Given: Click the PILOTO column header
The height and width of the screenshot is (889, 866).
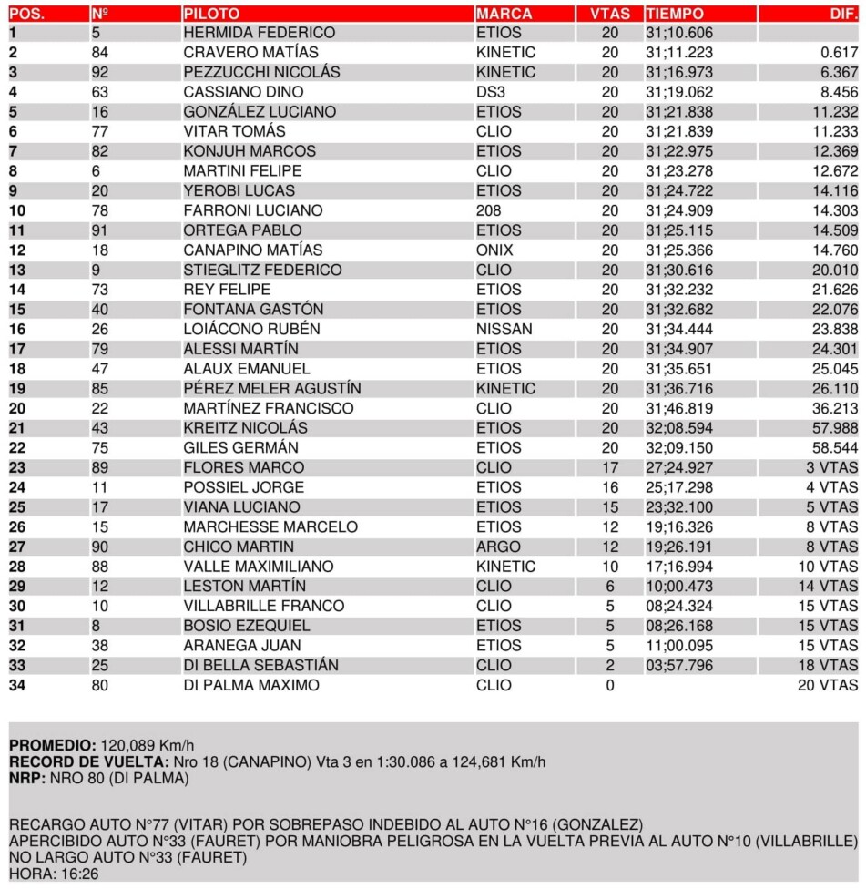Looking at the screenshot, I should point(211,14).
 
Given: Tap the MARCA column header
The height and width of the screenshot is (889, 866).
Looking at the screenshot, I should point(504,14).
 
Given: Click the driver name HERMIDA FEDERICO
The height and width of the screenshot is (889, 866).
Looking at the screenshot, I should point(259,33).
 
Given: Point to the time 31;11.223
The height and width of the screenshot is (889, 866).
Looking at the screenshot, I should point(679,53).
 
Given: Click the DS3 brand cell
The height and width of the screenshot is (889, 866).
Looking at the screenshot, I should point(490,92).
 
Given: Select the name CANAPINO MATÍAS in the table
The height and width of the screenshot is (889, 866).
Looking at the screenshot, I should point(252,250).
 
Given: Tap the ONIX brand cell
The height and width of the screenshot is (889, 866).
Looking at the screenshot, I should point(494,250).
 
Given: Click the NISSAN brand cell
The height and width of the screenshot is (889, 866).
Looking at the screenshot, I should point(504,329).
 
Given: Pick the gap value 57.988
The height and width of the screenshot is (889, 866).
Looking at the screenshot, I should point(835,428).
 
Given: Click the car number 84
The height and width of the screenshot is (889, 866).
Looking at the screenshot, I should point(100,53).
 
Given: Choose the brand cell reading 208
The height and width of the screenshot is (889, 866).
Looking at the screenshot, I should point(488,210).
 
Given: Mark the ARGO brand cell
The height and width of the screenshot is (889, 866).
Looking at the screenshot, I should point(498,547).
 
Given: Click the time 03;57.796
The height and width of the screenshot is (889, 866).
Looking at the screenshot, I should point(679,665).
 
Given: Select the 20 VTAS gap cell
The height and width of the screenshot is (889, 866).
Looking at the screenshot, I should point(827,685).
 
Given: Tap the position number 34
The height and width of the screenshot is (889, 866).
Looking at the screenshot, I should point(17,685).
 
